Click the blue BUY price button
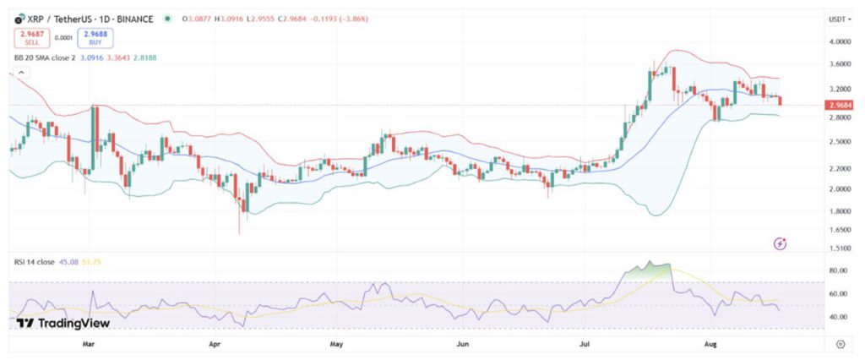(x=96, y=37)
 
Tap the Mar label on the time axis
(x=90, y=345)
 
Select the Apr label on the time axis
(x=214, y=345)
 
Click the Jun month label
(x=462, y=345)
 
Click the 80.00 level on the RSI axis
(x=838, y=270)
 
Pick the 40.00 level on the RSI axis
(x=838, y=317)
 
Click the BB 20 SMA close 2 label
(x=49, y=57)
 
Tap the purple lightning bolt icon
(x=781, y=243)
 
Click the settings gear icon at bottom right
(x=841, y=344)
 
